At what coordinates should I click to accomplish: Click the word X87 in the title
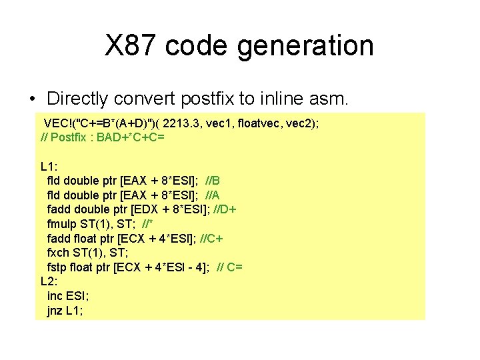click(131, 45)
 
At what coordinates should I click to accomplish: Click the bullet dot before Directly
click(33, 99)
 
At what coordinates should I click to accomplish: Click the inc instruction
click(55, 296)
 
